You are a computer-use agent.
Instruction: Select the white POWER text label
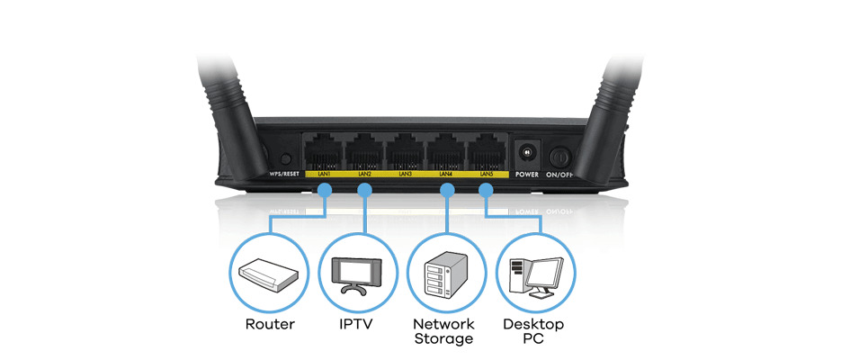[x=526, y=175]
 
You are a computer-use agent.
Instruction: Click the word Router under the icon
[x=270, y=323]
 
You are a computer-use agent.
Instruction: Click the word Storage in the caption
[x=443, y=339]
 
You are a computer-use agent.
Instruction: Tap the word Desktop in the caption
[x=534, y=323]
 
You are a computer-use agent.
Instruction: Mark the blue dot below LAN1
[x=325, y=190]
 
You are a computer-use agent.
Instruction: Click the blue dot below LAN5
[x=487, y=190]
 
